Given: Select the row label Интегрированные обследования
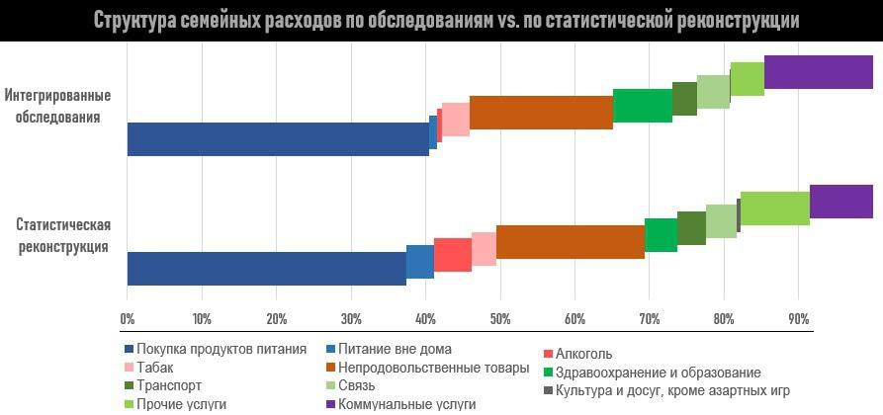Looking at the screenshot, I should [x=56, y=106].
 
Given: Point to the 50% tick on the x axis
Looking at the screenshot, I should [x=500, y=319].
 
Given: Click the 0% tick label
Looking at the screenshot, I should [x=127, y=319].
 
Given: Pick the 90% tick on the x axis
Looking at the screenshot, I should [x=798, y=319].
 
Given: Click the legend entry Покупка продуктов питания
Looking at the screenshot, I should [x=221, y=350].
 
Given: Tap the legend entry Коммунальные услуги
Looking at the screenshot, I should [x=406, y=404].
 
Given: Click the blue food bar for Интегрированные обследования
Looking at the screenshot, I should [x=277, y=139].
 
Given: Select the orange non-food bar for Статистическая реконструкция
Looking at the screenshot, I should [x=570, y=242].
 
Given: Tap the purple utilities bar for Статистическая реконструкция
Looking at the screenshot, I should [x=840, y=202].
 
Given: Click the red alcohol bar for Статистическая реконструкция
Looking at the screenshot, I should [x=452, y=255].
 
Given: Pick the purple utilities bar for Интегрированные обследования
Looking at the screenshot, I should [x=818, y=72].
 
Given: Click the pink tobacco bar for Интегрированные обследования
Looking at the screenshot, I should [x=455, y=119].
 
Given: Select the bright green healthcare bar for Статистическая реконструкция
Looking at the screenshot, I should [x=661, y=235].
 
